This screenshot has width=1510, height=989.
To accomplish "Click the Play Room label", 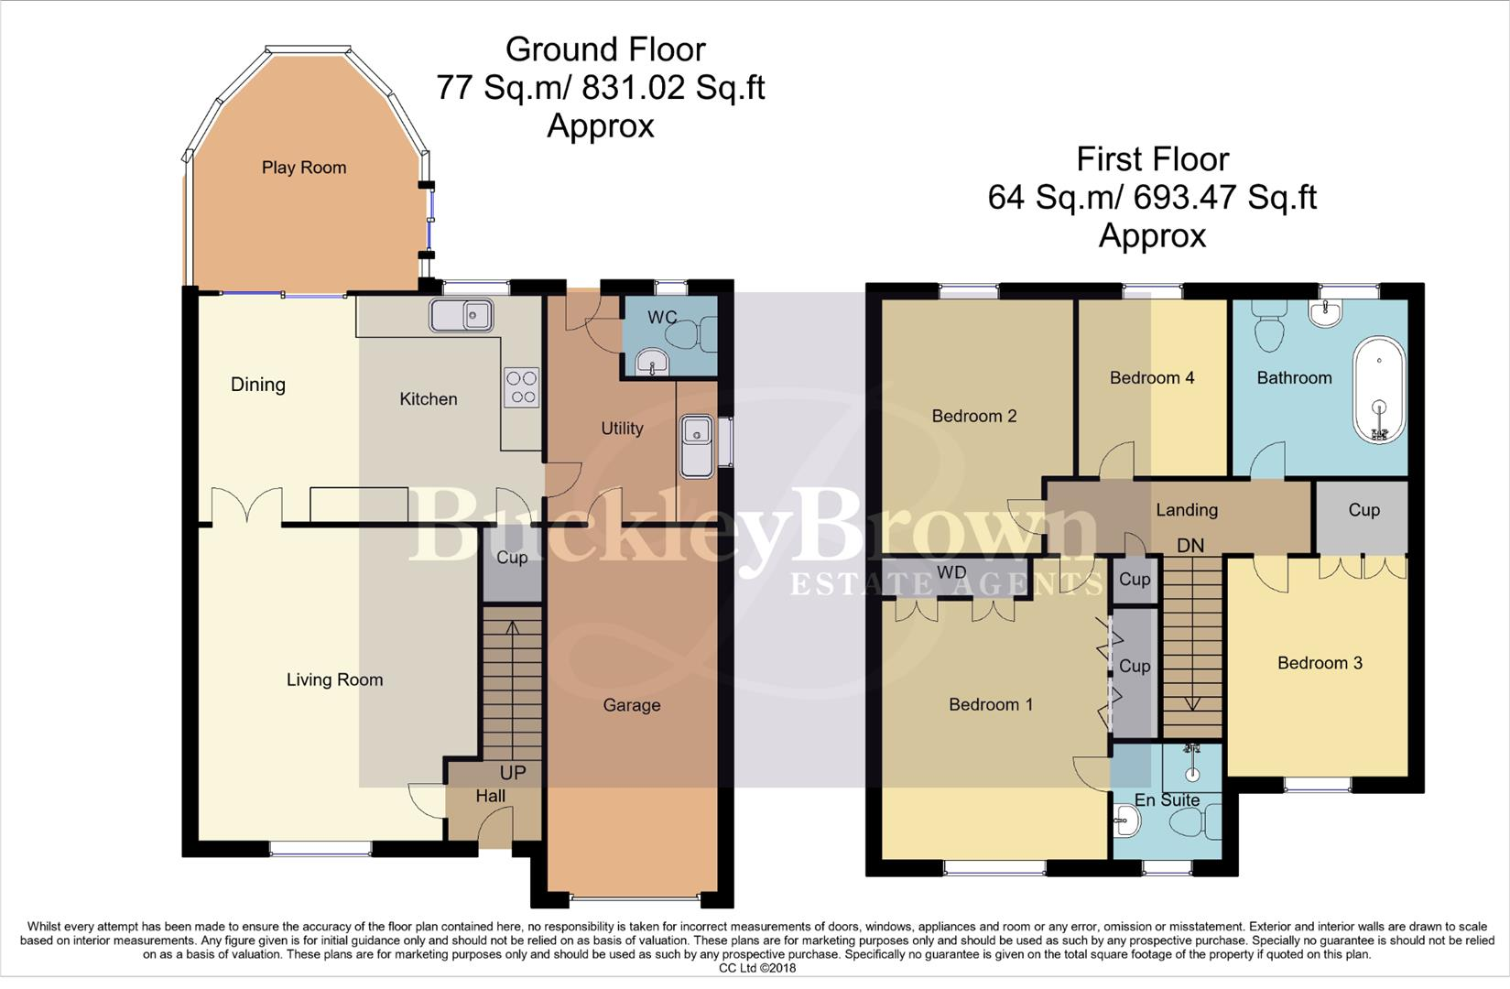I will coord(304,168).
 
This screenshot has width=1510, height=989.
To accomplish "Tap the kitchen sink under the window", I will coord(462,316).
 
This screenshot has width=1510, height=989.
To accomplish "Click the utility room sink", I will coord(697,445).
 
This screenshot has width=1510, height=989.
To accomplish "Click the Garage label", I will coord(631,705).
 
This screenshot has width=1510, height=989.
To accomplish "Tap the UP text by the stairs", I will coord(513,773).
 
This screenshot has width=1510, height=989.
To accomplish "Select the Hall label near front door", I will coord(491,797).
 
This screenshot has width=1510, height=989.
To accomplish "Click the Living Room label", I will coord(334,679).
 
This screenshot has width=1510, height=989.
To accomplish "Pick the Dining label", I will coord(257,385).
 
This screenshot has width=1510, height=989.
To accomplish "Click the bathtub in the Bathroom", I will coord(1378,391).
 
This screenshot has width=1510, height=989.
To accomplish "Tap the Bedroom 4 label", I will coord(1152,377).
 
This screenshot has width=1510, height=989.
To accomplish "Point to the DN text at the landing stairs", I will coord(1190,546).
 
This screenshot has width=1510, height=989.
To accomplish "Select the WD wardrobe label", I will coord(952,572).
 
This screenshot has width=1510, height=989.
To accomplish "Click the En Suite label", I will coord(1167,799).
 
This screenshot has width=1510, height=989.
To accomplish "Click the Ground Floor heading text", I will coord(605,49).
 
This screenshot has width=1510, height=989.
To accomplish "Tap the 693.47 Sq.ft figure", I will coord(1224,197).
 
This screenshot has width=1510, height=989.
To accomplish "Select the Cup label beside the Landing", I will coord(1363,510).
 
